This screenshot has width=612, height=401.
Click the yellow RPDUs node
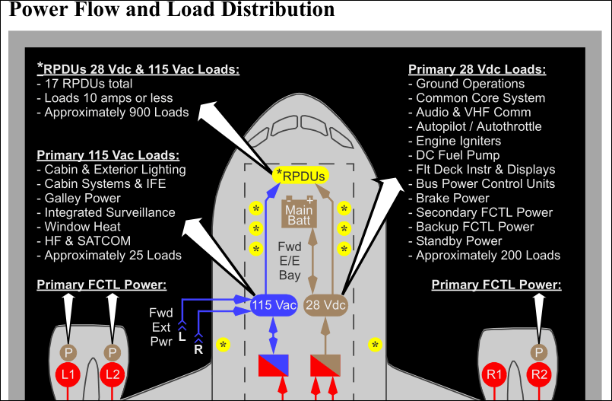(x=300, y=176)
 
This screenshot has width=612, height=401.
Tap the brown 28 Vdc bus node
(x=325, y=305)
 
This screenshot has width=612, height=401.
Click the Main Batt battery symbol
(x=299, y=212)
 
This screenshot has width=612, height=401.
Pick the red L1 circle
(x=68, y=374)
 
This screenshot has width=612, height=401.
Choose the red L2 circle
(x=113, y=374)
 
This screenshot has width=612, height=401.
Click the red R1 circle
(x=495, y=374)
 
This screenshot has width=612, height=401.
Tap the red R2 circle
(x=539, y=374)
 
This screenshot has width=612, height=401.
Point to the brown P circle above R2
(x=539, y=352)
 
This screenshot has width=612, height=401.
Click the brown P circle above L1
(x=68, y=352)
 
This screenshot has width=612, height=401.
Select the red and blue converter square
(x=273, y=366)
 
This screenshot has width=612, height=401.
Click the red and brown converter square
(x=325, y=366)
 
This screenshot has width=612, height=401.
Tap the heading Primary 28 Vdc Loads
(x=477, y=70)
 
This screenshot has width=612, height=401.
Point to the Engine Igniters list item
(x=458, y=141)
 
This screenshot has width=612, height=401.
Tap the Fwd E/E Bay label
(x=290, y=261)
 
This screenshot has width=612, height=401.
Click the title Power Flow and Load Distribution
(x=172, y=10)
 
